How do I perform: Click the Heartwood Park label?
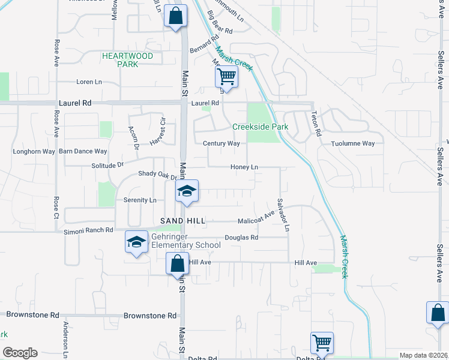(x=127, y=59)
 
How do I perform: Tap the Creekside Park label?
(x=261, y=127)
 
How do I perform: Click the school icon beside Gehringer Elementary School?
(x=137, y=242)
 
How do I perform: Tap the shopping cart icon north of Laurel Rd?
(x=226, y=76)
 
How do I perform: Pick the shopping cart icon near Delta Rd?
(x=322, y=343)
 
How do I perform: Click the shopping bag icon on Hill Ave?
(x=177, y=263)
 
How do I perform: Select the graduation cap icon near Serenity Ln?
(x=187, y=191)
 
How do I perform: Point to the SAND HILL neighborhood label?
(x=182, y=221)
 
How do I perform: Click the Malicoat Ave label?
(x=256, y=221)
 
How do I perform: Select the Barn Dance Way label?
(x=83, y=151)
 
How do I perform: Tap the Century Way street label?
(x=221, y=143)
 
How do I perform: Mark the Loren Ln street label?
(x=89, y=82)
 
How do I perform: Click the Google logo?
(x=20, y=353)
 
